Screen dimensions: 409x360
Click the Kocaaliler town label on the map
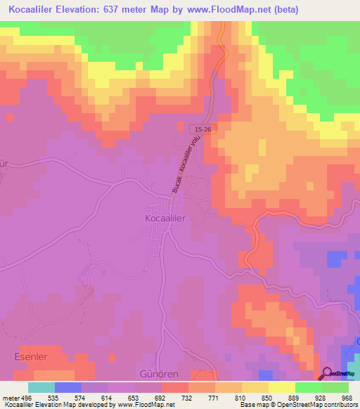click(165, 219)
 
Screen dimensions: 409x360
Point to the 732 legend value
click(187, 397)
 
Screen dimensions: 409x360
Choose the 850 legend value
click(267, 397)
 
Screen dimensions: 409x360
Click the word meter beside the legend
click(9, 397)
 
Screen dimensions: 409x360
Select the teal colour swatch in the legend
click(41, 387)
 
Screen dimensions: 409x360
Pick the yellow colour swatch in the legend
click(282, 387)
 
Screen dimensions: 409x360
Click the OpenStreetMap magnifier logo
click(328, 373)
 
